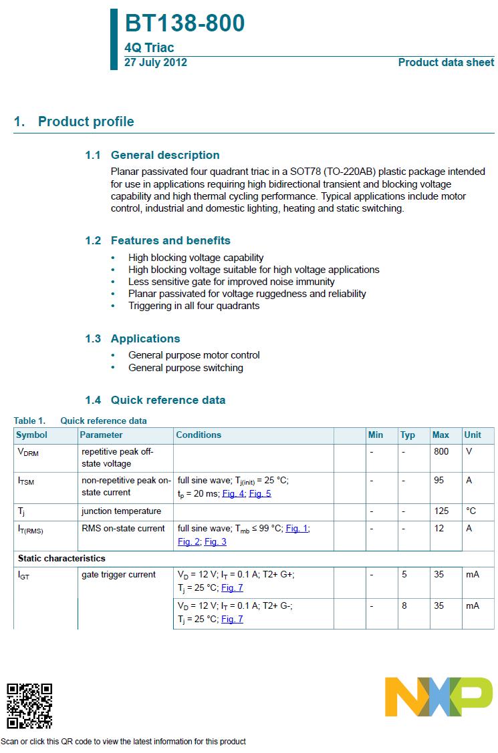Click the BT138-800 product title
point(184,23)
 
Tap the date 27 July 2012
point(156,63)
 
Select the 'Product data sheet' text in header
point(446,63)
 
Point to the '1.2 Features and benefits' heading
point(158,240)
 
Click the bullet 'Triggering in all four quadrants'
point(194,306)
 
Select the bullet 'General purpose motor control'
point(194,355)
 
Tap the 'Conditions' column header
point(199,435)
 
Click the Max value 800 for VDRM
point(441,451)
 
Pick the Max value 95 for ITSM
point(439,480)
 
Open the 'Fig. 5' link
point(260,494)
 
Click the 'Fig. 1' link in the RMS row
point(297,528)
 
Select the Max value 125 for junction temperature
point(441,511)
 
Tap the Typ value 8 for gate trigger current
point(404,605)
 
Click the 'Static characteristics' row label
point(61,558)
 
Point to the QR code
point(29,706)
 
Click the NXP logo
point(439,697)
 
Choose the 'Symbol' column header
point(32,435)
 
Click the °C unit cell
point(471,511)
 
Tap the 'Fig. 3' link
point(215,541)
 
